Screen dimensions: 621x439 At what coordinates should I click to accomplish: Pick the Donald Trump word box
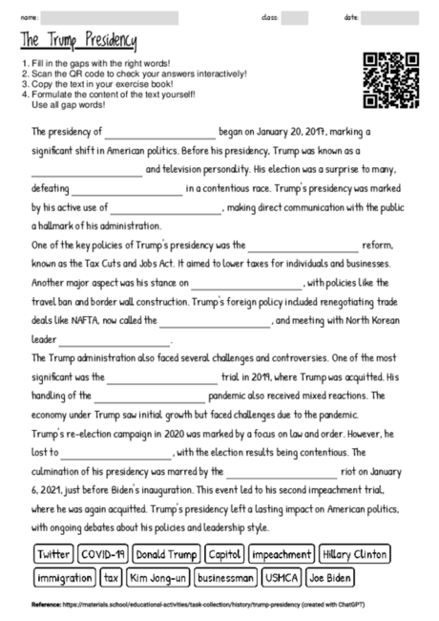[165, 554]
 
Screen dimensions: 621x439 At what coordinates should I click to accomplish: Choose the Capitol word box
[224, 554]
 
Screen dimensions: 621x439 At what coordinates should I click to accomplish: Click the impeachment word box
[282, 554]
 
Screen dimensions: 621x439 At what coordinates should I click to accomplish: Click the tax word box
[112, 578]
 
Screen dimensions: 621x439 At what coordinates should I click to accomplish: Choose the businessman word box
[225, 578]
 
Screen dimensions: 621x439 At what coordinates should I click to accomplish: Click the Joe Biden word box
[331, 578]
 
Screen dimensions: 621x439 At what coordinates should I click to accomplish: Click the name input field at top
[109, 17]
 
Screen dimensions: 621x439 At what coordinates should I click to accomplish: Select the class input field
[294, 17]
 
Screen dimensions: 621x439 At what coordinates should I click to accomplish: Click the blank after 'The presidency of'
[160, 133]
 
